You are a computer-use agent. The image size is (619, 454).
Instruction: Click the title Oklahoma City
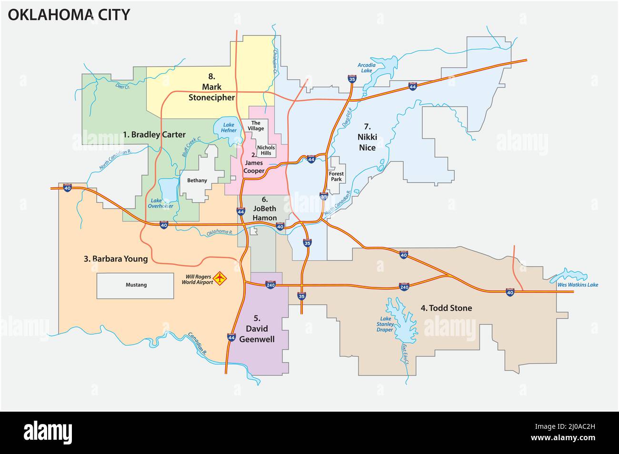click(x=69, y=15)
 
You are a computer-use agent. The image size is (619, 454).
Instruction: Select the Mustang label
click(x=136, y=285)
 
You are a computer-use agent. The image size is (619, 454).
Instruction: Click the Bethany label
click(x=197, y=180)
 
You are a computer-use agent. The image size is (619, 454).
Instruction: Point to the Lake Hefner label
click(x=229, y=128)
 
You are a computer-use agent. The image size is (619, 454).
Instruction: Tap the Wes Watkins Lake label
click(x=577, y=285)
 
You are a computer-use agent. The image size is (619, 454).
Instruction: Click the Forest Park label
click(x=336, y=177)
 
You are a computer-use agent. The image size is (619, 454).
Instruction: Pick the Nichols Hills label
click(x=266, y=150)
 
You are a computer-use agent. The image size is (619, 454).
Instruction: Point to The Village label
click(x=257, y=126)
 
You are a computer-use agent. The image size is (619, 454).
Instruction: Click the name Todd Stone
click(x=446, y=308)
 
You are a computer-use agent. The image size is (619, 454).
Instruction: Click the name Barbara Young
click(x=116, y=259)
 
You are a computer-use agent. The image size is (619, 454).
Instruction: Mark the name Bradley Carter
click(x=154, y=135)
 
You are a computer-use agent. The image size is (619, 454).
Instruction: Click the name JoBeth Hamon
click(x=265, y=213)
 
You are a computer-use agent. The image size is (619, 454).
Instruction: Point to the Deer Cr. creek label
click(x=122, y=86)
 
